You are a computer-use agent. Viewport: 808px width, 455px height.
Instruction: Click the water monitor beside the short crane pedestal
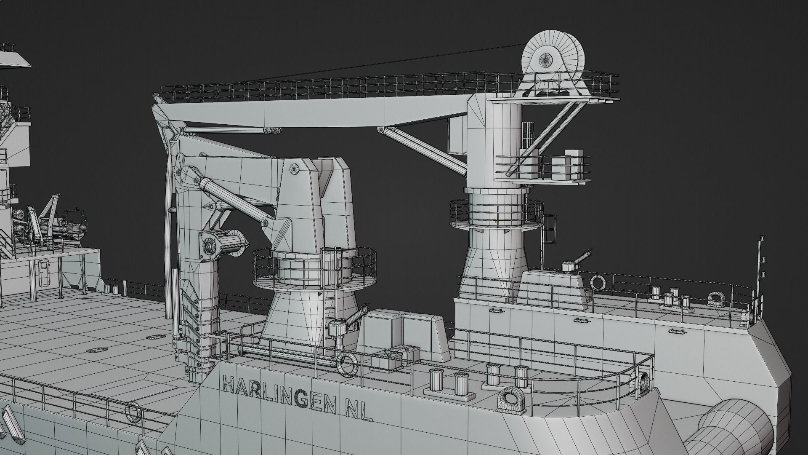tap(345, 324)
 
